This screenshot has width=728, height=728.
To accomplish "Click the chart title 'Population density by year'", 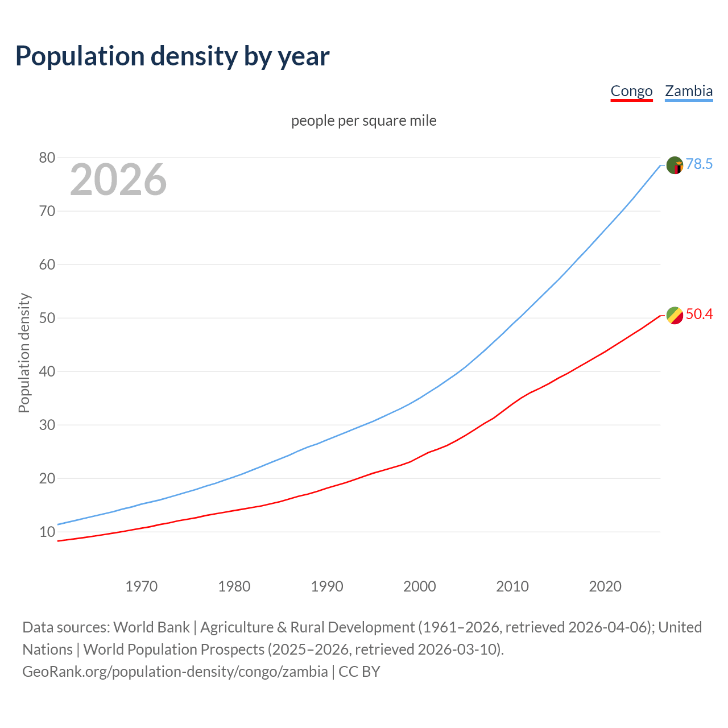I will tap(172, 56).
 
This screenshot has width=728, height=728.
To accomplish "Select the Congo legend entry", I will tap(631, 91).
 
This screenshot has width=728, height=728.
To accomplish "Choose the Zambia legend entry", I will tap(689, 91).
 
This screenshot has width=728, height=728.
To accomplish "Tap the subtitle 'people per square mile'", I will tap(363, 121).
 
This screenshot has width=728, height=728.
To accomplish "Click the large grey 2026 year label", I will tap(118, 180).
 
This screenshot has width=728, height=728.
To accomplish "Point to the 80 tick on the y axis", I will tap(47, 158).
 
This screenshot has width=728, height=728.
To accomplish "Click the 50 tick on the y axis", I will tap(47, 318).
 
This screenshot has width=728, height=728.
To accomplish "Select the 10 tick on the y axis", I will tap(47, 532).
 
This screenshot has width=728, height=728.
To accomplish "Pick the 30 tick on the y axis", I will tap(47, 425).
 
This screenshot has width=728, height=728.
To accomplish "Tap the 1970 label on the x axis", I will tap(141, 586).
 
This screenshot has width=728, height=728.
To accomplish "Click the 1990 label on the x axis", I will tap(327, 586).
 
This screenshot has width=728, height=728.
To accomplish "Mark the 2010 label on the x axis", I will tap(512, 586).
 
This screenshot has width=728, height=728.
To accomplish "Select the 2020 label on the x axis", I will tap(605, 586).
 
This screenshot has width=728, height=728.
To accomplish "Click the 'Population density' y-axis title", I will tap(24, 353).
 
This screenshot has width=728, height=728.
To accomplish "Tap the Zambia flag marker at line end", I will tap(675, 165).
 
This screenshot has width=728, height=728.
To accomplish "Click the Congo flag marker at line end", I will tap(675, 315).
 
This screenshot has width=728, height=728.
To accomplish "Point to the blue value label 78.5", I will tap(699, 164).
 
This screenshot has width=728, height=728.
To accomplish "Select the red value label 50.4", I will tap(699, 314).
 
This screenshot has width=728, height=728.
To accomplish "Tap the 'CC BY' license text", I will tap(359, 672).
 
